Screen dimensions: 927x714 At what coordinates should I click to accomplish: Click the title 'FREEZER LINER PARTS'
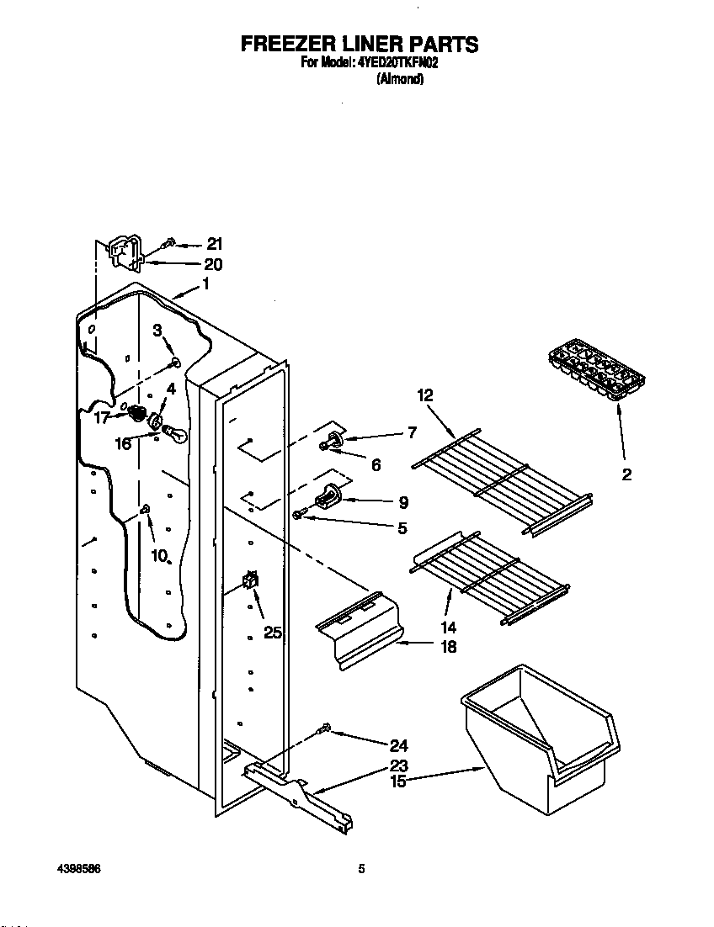(x=360, y=44)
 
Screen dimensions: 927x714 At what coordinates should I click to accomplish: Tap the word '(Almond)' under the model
(x=399, y=80)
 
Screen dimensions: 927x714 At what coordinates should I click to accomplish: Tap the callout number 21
(x=215, y=244)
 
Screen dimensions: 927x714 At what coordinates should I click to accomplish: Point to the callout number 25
(x=272, y=633)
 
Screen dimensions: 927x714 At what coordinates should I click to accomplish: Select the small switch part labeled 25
(x=250, y=580)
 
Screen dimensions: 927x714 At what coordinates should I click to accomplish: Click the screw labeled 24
(x=325, y=729)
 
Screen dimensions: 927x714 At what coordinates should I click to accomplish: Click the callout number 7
(x=411, y=433)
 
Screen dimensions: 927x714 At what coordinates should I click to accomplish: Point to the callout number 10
(x=159, y=555)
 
